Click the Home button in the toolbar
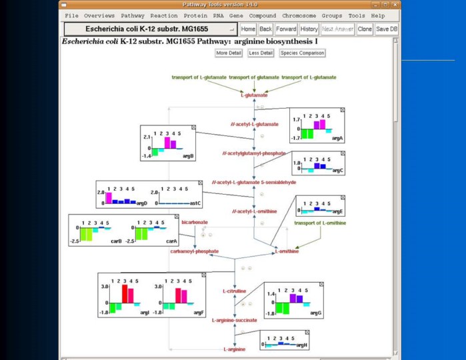tap(248, 29)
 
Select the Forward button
tap(286, 29)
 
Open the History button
tap(309, 29)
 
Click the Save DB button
tap(387, 29)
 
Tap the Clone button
tap(365, 29)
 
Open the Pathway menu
tap(133, 15)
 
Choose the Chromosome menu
tap(298, 15)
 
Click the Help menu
tap(378, 15)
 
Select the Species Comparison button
tap(302, 53)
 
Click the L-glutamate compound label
tap(254, 95)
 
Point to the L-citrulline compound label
tap(234, 291)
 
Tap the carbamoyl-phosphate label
tap(194, 251)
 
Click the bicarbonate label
tap(195, 222)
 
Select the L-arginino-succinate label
tap(234, 320)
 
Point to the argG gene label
tap(315, 313)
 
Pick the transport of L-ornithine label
tap(316, 223)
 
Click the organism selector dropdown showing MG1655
tap(151, 29)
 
